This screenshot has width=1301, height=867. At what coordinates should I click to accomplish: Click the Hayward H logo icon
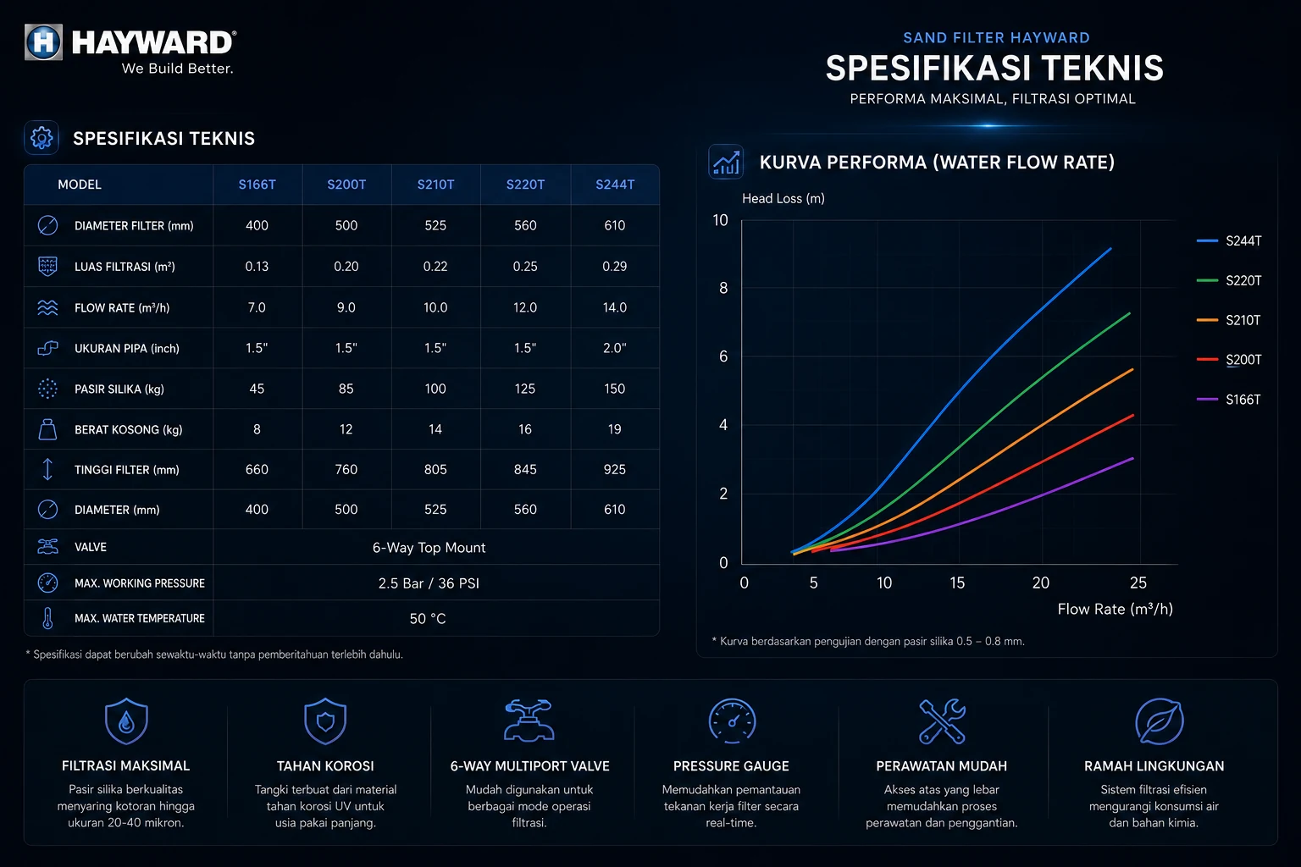pyautogui.click(x=43, y=41)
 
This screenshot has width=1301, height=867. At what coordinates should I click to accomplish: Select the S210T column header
pyautogui.click(x=435, y=185)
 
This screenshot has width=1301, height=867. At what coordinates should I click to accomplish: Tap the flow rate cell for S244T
pyautogui.click(x=614, y=307)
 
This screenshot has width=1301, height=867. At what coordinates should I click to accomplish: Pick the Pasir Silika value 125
pyautogui.click(x=525, y=389)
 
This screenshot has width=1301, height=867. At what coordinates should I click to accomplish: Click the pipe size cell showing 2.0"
pyautogui.click(x=614, y=348)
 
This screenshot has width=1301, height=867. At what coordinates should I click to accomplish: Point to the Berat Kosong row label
pyautogui.click(x=129, y=430)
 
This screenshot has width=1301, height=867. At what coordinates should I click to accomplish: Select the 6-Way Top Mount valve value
pyautogui.click(x=429, y=548)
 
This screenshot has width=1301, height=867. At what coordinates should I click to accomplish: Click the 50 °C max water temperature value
pyautogui.click(x=428, y=618)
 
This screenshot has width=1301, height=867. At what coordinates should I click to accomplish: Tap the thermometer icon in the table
pyautogui.click(x=47, y=618)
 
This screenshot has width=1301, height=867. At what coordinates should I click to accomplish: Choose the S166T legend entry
pyautogui.click(x=1229, y=400)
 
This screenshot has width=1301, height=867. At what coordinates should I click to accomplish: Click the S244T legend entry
pyautogui.click(x=1229, y=240)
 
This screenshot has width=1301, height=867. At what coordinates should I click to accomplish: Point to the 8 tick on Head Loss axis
pyautogui.click(x=723, y=288)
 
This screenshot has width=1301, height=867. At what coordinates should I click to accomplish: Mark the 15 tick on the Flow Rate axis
pyautogui.click(x=957, y=583)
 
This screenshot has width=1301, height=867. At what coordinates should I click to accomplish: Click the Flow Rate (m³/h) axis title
pyautogui.click(x=1116, y=609)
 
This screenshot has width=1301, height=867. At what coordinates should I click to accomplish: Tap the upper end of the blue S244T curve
pyautogui.click(x=1110, y=249)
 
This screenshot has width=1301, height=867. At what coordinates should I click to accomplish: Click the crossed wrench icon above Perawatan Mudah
pyautogui.click(x=942, y=721)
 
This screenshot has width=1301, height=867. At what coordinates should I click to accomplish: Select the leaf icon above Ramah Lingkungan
pyautogui.click(x=1160, y=721)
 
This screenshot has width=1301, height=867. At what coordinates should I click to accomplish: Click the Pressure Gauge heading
pyautogui.click(x=731, y=766)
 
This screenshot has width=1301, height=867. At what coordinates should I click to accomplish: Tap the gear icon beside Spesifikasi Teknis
pyautogui.click(x=42, y=138)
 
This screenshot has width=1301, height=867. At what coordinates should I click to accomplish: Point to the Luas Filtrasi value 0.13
pyautogui.click(x=257, y=267)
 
